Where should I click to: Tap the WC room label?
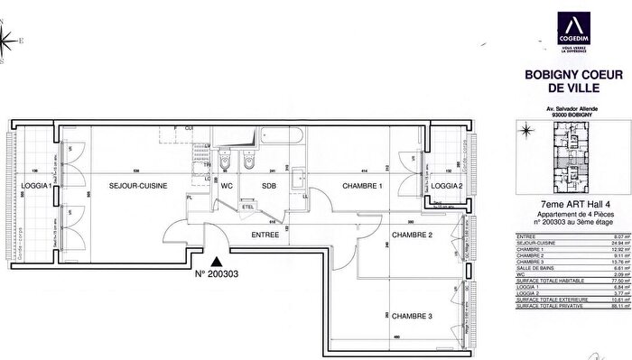click(228, 186)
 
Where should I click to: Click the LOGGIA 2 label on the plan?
click(447, 186)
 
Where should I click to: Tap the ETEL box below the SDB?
click(247, 207)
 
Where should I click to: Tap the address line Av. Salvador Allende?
click(564, 107)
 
